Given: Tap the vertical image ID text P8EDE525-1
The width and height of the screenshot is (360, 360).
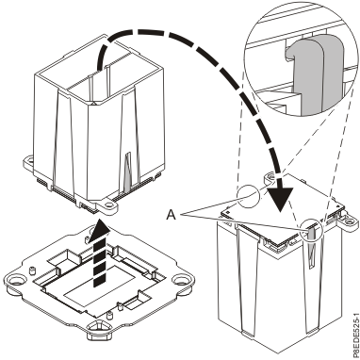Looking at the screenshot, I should pyautogui.click(x=351, y=315).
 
